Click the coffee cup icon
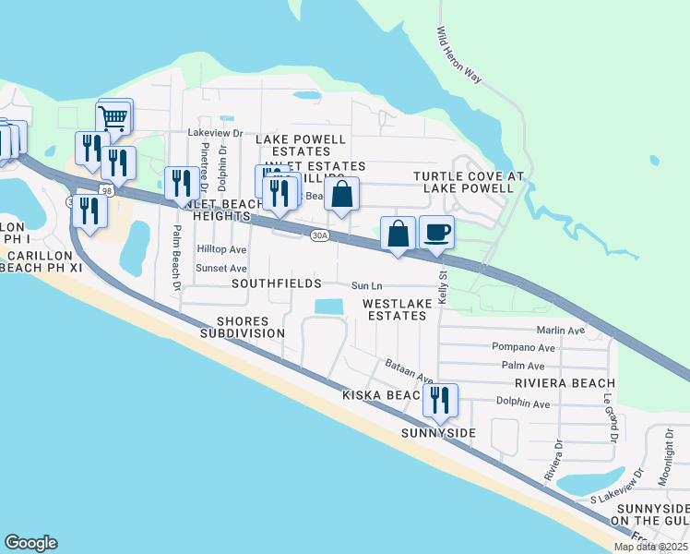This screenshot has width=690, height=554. pos(436,231)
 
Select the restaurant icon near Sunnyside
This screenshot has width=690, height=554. pos(440,400)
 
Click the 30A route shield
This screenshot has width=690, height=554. pos(318,235)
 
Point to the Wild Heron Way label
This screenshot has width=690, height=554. pos(458,54)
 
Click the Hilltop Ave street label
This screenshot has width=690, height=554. pos(221,249)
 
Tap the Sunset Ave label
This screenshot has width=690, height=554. pos(220,268)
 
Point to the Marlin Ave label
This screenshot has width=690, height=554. pos(561,331)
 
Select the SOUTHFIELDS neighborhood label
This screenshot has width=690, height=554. pos(277,283)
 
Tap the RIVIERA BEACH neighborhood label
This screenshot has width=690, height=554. pos(565,383)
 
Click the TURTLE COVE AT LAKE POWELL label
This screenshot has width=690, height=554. pos(468,182)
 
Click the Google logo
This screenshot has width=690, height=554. pos(30,543)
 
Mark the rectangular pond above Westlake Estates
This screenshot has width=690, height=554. pos(328,306)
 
